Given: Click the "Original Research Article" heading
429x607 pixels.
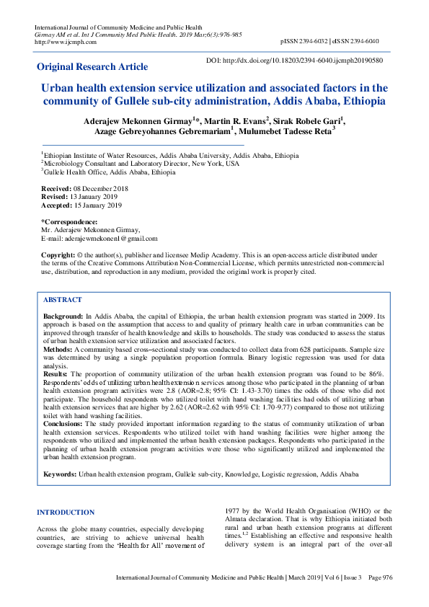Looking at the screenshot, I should pos(92,67).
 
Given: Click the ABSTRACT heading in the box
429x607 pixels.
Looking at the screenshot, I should pos(63,299).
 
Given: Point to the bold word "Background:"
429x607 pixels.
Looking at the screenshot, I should pos(63,316).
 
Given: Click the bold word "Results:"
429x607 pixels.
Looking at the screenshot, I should pos(56,375).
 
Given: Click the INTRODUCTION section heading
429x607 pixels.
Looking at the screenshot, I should pos(66,513).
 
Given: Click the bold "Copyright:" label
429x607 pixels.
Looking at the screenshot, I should pos(58,256).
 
